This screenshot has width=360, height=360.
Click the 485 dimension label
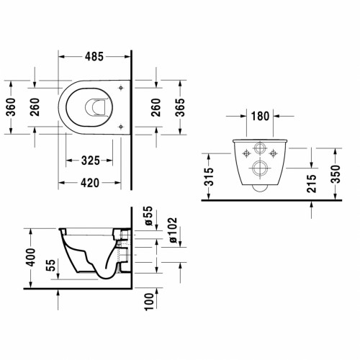point(94,57)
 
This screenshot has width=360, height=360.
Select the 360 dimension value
point(12,107)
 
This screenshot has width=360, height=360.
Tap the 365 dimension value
point(180,107)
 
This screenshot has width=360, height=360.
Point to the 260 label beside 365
point(156,107)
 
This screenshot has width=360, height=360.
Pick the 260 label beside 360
point(35,107)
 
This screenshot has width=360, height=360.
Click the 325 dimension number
point(91,161)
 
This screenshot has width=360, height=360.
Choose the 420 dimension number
point(90,183)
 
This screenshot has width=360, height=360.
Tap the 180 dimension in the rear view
point(260,116)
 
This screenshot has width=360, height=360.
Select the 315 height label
point(209,177)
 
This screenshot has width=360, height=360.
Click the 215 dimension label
point(312,184)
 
